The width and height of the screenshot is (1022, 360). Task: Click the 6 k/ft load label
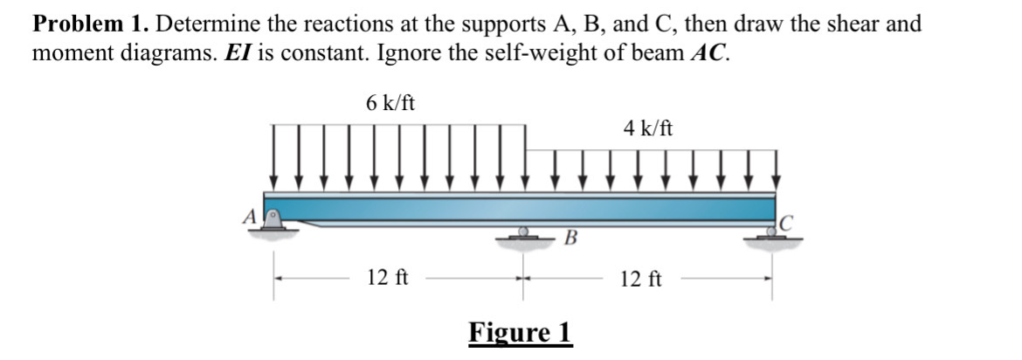(x=390, y=102)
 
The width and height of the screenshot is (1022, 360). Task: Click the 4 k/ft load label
(x=648, y=128)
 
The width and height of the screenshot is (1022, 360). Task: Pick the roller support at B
(x=523, y=233)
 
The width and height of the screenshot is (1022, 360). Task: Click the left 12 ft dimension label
(x=388, y=279)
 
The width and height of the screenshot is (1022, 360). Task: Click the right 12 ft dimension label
(x=642, y=280)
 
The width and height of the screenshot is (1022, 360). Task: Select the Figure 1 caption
(x=520, y=333)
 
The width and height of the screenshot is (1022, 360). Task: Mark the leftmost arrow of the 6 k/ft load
(x=274, y=157)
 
